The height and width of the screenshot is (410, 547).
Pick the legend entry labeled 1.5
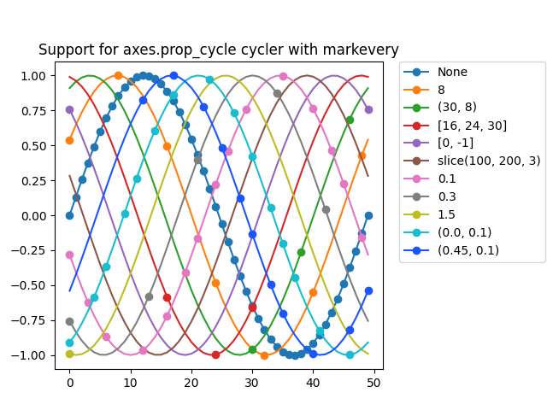click(445, 214)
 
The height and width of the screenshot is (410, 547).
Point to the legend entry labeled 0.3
click(446, 196)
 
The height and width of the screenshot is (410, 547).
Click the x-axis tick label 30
click(251, 383)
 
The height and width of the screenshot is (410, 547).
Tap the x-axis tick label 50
click(373, 383)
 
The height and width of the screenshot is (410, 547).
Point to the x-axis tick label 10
click(130, 383)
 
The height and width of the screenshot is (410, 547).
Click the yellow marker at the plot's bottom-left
click(69, 354)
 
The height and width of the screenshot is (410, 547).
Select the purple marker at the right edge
click(368, 109)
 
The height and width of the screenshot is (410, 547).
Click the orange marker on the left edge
click(69, 140)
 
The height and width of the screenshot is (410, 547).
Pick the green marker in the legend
click(416, 108)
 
